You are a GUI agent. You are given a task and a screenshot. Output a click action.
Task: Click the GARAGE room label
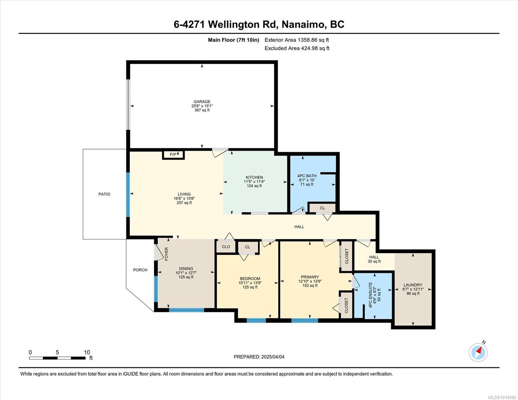[202, 101]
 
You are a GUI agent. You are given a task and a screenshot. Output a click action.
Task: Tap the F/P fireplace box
[173, 155]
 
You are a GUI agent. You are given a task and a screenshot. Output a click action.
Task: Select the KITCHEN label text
[254, 177]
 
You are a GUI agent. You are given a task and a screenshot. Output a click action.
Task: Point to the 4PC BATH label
[307, 176]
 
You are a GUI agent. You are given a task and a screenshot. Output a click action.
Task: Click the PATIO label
[104, 194]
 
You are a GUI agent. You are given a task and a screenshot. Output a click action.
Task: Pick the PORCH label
[140, 270]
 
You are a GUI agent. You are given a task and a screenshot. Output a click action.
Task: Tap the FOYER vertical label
[166, 254]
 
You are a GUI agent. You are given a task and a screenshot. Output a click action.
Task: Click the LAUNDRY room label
[413, 285]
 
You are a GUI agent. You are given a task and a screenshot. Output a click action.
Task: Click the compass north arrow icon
[478, 352]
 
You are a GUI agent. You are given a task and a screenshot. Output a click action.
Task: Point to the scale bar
[57, 358]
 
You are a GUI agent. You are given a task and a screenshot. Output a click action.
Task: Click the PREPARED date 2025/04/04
[273, 357]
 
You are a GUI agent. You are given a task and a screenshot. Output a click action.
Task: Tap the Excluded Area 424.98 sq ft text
[297, 48]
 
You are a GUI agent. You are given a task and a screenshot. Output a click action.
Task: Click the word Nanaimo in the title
[304, 25]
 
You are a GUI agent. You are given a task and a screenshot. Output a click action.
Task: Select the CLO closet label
[226, 247]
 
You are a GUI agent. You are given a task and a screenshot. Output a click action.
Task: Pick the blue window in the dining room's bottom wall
[186, 310]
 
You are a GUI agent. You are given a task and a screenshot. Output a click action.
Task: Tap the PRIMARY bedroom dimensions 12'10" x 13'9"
[310, 281]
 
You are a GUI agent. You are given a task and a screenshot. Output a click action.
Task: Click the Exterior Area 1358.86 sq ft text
[297, 40]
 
